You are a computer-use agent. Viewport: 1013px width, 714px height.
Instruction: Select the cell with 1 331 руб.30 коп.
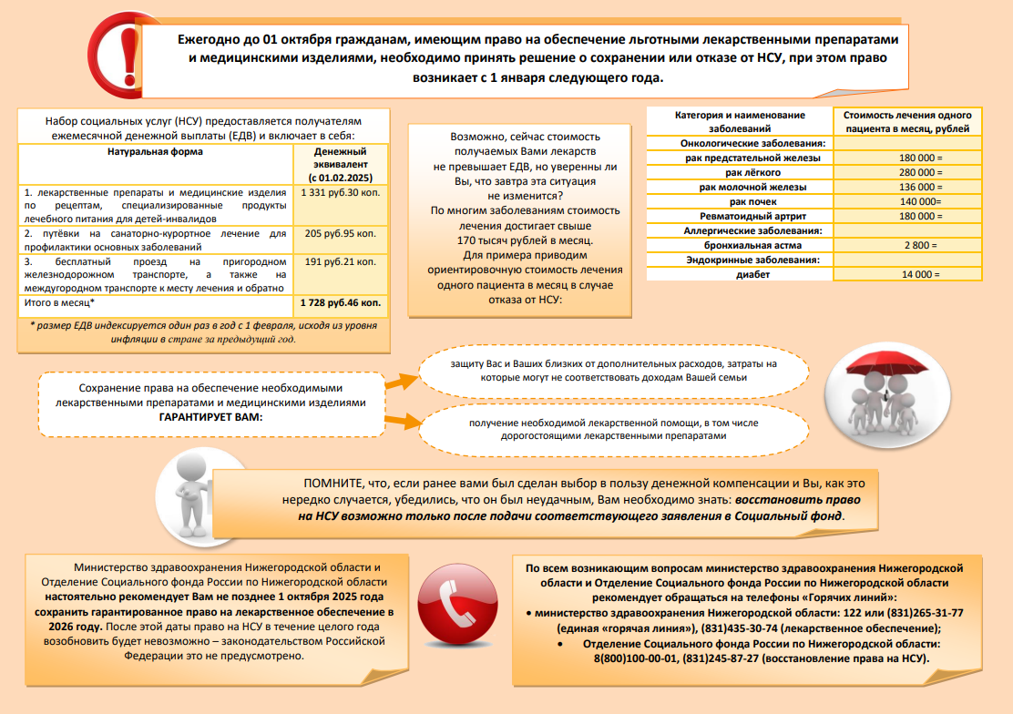[x=340, y=193]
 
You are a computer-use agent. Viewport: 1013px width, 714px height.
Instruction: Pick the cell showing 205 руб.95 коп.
[x=340, y=234]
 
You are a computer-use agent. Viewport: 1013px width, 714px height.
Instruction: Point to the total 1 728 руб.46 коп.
[x=340, y=301]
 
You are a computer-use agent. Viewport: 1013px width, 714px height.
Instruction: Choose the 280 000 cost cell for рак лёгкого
[x=920, y=172]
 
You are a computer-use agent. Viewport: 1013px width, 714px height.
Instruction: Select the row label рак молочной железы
[x=739, y=187]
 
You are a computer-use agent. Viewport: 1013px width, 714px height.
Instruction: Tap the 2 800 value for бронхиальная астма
[x=920, y=245]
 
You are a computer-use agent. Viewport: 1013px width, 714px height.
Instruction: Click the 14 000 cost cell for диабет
[x=920, y=274]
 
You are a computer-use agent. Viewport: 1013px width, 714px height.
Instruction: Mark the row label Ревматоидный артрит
[x=739, y=216]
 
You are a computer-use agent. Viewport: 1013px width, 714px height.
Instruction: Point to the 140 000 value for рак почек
[x=920, y=201]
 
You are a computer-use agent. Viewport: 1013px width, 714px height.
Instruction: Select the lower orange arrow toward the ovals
[x=398, y=420]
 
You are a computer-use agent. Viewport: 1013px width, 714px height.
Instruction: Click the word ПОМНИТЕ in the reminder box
[x=332, y=483]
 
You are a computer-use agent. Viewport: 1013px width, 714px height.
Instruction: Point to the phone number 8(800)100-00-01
[x=632, y=657]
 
